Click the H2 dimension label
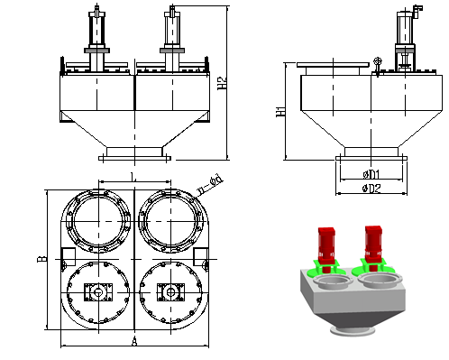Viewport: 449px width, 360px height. (x=222, y=83)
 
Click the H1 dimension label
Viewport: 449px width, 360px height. (x=280, y=112)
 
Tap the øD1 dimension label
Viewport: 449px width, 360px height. (x=371, y=174)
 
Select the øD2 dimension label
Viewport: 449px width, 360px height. (x=371, y=189)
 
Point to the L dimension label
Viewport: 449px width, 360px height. (x=133, y=177)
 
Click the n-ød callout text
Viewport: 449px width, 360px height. (x=210, y=185)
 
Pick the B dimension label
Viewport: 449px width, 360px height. (x=41, y=259)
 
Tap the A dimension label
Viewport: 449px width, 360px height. (x=134, y=341)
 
